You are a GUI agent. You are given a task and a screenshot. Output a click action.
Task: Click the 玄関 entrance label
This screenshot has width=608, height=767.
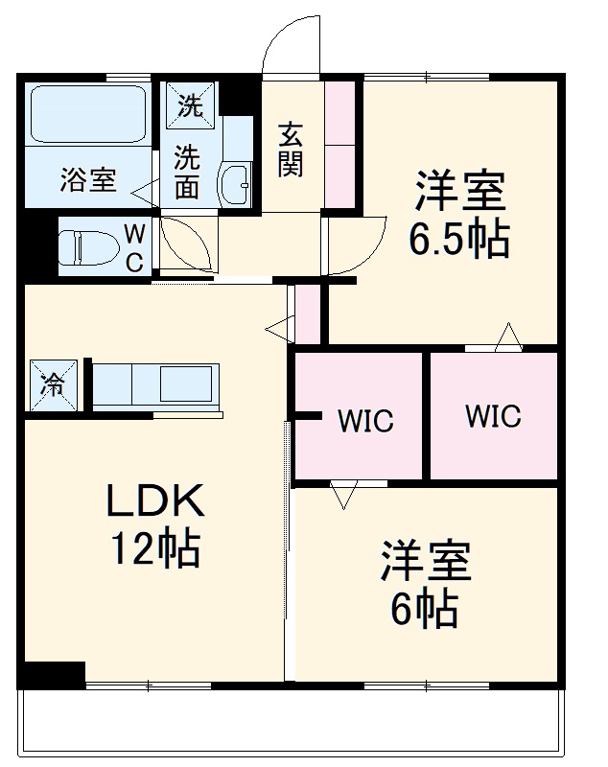[292, 150]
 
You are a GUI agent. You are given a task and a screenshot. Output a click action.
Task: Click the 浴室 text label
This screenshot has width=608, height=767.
[88, 180]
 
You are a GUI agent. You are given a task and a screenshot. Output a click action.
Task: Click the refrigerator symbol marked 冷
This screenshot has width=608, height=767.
[50, 385]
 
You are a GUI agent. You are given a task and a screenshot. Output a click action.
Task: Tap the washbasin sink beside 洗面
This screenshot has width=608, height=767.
[234, 180]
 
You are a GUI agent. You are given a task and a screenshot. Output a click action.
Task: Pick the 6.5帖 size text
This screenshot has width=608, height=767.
[458, 240]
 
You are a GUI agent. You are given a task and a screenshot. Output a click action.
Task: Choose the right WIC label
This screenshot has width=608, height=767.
[493, 416]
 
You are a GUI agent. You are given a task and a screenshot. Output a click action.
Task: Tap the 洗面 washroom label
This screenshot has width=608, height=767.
[188, 173]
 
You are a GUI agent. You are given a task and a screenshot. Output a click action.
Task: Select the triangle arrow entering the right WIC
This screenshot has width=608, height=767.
[508, 337]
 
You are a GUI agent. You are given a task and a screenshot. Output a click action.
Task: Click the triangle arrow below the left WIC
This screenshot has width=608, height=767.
[342, 494]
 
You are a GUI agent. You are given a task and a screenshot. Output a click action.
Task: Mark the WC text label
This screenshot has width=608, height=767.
[136, 247]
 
